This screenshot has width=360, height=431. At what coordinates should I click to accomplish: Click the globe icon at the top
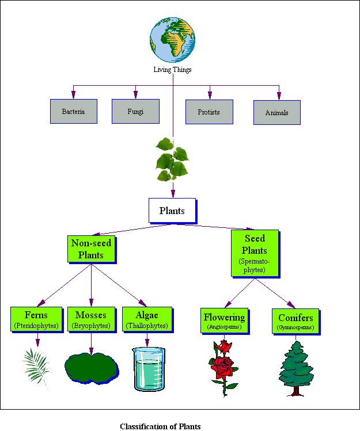[173, 40]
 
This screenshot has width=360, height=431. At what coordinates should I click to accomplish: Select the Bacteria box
[73, 112]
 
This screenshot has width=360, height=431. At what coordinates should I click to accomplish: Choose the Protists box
[209, 112]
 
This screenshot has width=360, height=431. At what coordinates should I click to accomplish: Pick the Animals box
[276, 113]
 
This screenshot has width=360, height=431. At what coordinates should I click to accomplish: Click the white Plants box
[172, 211]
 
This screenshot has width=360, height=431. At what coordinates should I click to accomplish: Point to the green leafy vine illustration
[172, 159]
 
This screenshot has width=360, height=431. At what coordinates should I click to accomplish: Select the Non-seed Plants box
[91, 249]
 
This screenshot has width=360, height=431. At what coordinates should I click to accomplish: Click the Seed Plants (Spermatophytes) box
[254, 252]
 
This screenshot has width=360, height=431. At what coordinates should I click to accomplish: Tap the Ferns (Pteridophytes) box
[36, 319]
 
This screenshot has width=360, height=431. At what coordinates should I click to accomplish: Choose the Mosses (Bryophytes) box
[91, 319]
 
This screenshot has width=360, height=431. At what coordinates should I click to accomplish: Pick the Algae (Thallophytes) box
[147, 319]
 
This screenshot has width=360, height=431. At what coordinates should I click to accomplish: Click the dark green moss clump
[91, 367]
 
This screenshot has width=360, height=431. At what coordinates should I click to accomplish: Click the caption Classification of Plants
[160, 426]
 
